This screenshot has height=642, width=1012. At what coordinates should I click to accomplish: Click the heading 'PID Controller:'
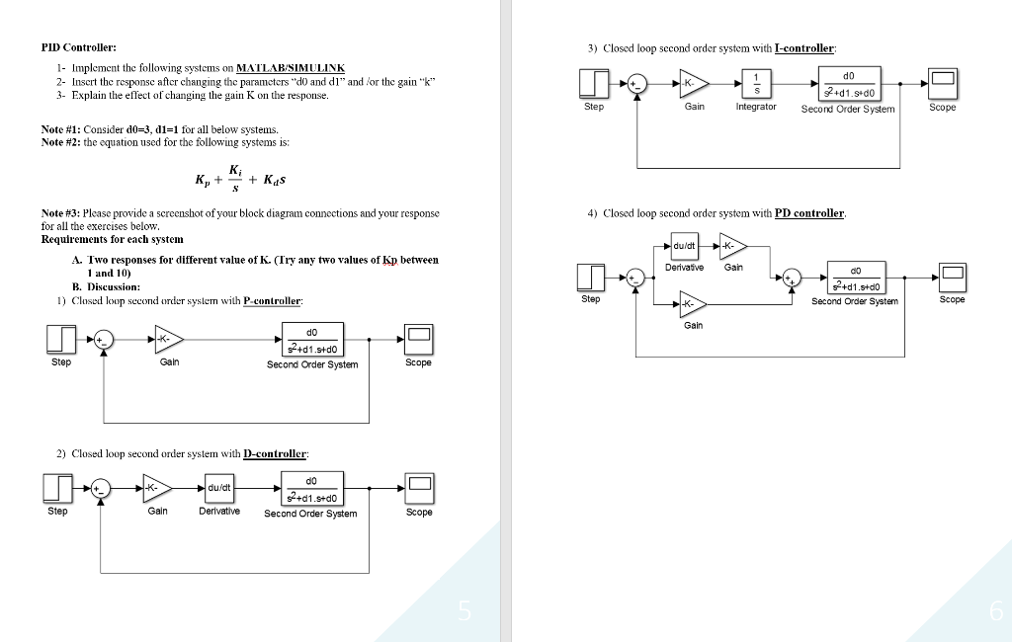78,47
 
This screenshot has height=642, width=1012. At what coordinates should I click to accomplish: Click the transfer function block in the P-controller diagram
312,340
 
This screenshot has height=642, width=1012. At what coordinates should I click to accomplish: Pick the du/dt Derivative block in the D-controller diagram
218,486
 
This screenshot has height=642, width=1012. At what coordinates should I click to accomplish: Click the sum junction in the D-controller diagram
103,486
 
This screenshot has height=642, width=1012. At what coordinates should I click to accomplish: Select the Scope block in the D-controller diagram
419,486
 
